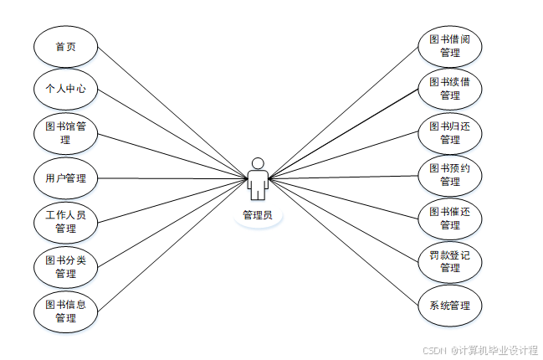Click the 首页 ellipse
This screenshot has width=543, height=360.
coord(65,46)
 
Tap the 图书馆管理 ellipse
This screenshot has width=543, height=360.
coord(65,133)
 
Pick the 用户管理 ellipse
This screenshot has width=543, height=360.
coord(65,177)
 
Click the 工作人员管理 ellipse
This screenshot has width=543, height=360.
coord(65,222)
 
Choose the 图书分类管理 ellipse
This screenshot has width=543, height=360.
coord(65,266)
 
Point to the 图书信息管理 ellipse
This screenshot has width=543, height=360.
coord(65,311)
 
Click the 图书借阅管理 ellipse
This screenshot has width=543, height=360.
coord(449,46)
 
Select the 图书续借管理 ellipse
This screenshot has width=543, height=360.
coord(449,89)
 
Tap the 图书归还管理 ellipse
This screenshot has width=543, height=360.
coord(449,133)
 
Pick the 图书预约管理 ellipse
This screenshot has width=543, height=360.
coord(449,175)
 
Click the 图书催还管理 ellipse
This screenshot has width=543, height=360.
coord(449,219)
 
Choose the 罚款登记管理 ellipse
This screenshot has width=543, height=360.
coord(449,261)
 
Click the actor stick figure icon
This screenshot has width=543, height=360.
coord(258,180)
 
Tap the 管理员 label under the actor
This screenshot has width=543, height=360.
coord(258,215)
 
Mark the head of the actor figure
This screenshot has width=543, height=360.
coord(258,162)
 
